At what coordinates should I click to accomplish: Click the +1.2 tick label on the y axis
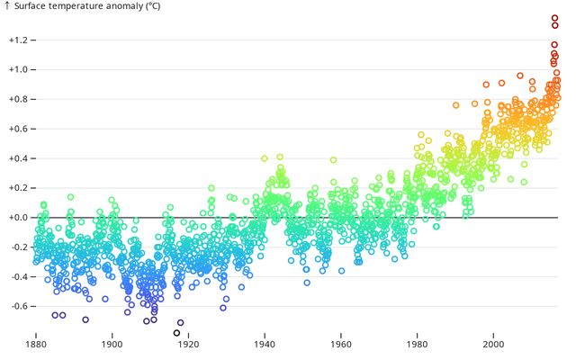[x=18, y=40]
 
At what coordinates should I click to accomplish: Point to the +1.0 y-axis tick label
[x=18, y=69]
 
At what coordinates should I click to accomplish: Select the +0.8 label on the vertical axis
[x=18, y=99]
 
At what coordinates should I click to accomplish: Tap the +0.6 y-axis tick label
[x=18, y=129]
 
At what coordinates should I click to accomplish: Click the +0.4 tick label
[x=18, y=158]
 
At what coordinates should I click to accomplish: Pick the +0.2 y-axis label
[x=18, y=188]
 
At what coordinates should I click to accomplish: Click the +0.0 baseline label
[x=18, y=218]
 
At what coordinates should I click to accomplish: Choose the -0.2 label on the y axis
[x=20, y=247]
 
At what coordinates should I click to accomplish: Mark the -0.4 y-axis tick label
[x=20, y=276]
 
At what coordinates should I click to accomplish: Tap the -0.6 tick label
[x=20, y=306]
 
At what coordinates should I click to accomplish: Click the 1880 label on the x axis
[x=36, y=345]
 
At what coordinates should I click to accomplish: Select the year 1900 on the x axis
[x=112, y=345]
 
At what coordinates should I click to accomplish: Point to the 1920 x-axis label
[x=188, y=345]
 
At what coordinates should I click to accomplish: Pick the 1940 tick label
[x=265, y=345]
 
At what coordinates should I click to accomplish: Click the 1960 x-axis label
[x=341, y=345]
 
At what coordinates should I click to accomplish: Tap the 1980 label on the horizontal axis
[x=417, y=345]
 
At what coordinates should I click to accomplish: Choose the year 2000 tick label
[x=493, y=345]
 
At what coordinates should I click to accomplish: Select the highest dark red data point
[x=554, y=18]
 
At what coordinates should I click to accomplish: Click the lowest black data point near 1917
[x=176, y=333]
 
